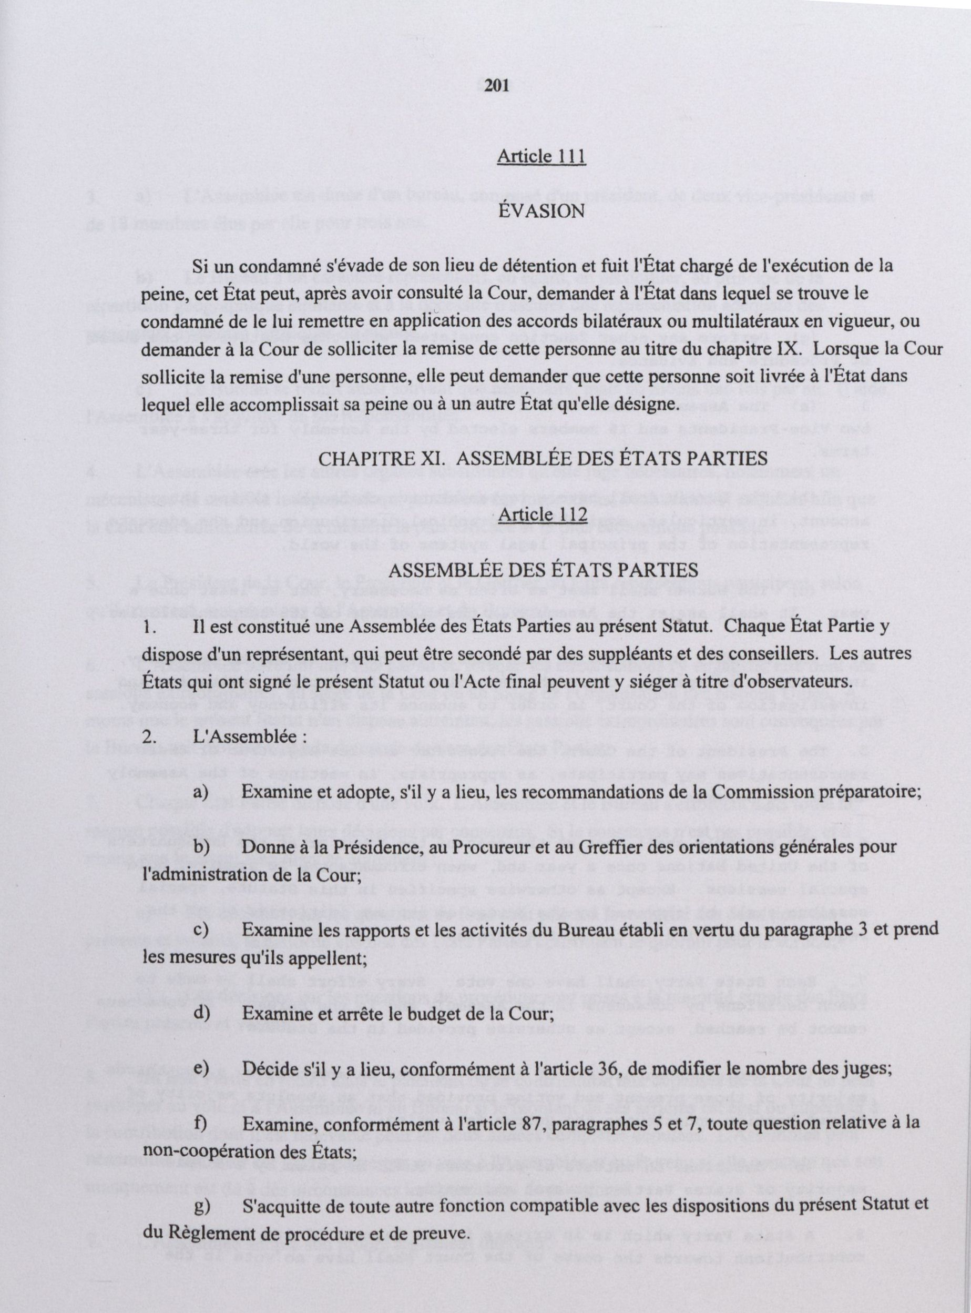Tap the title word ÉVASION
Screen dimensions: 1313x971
pos(541,211)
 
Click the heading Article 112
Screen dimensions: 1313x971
pos(542,513)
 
